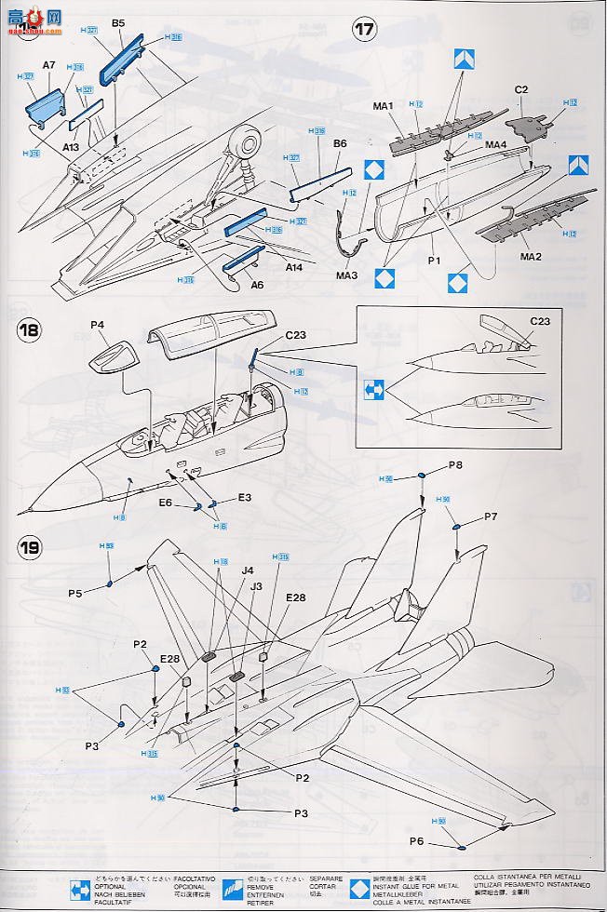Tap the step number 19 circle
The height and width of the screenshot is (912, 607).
click(x=29, y=547)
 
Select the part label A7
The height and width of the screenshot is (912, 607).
click(x=49, y=67)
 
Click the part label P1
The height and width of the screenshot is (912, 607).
click(x=432, y=263)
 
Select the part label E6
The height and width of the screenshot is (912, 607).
click(x=165, y=502)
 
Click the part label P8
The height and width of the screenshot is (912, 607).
click(x=455, y=464)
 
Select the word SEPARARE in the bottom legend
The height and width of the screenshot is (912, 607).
click(x=328, y=878)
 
